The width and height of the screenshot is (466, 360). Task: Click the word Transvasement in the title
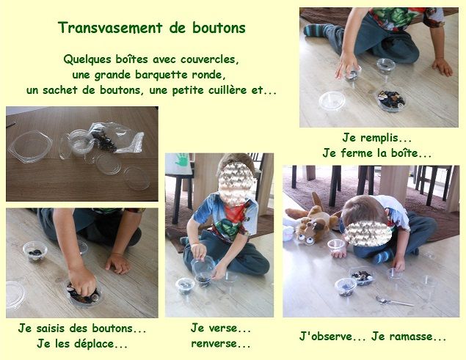pos(110,28)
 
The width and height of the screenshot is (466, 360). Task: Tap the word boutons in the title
pos(219,28)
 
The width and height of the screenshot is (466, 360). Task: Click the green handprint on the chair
pos(181,160)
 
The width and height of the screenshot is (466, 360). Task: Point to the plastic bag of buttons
pos(117,138)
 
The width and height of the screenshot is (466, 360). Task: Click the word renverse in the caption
pos(214,344)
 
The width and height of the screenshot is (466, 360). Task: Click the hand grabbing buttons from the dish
pos(82,281)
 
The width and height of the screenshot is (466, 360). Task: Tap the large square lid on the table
pos(30,147)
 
